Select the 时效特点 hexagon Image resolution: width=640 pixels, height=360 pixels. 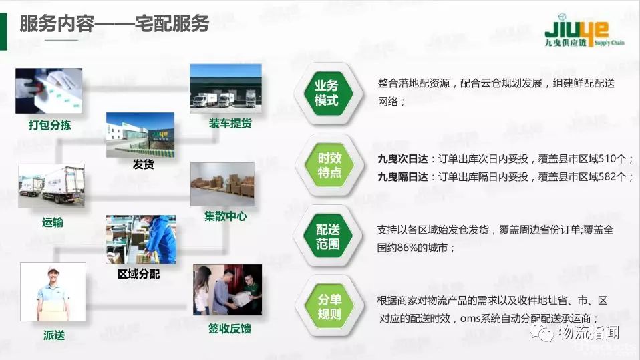[329, 165]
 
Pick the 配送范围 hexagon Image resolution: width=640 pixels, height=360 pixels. [328, 236]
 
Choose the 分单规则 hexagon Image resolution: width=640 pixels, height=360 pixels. [329, 307]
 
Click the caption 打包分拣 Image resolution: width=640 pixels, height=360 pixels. [50, 125]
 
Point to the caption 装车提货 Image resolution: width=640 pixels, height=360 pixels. [230, 124]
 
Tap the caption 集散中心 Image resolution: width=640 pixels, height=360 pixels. [225, 216]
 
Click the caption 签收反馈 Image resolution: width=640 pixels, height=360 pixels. [230, 329]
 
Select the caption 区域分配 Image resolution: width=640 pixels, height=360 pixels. [139, 274]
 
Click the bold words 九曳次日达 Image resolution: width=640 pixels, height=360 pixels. [402, 159]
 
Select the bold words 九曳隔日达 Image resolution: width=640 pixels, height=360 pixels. [402, 177]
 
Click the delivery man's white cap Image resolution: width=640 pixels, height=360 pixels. [53, 270]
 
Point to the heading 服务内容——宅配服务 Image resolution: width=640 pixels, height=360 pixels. [114, 23]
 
